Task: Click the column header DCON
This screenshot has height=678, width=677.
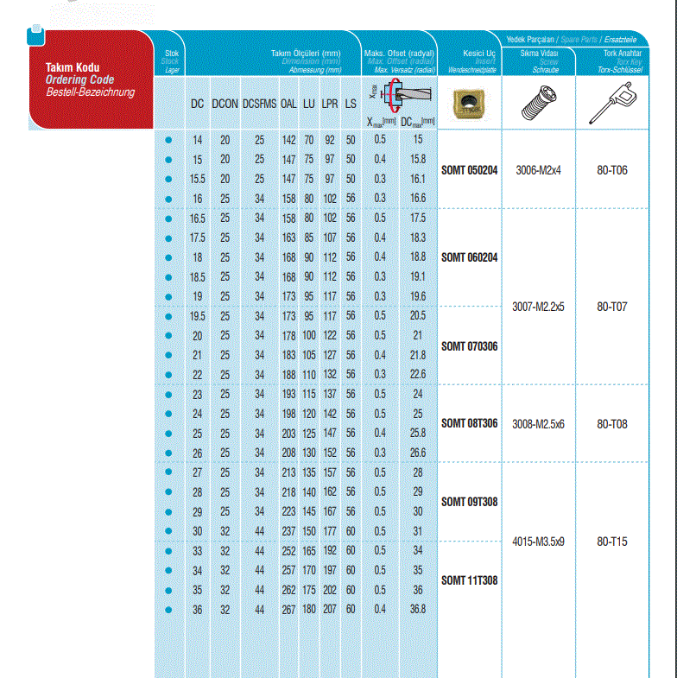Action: click(225, 104)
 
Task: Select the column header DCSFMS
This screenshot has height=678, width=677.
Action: click(259, 104)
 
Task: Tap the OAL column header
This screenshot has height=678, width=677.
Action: click(288, 104)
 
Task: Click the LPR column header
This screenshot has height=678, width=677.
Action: click(330, 104)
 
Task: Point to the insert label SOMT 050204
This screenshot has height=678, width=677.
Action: click(469, 169)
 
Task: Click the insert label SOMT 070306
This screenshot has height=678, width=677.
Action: click(469, 346)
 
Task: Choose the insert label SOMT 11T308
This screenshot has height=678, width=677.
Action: click(469, 580)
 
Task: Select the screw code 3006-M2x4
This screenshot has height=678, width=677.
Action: click(538, 169)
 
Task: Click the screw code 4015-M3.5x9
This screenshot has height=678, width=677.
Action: click(538, 542)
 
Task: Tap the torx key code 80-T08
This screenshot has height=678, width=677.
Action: click(612, 424)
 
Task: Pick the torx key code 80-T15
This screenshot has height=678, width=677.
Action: click(612, 542)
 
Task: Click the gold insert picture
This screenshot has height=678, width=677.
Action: click(468, 103)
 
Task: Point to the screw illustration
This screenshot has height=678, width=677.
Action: click(538, 104)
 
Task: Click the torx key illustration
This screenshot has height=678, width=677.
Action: click(611, 104)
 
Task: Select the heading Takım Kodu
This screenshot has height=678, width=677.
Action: click(77, 67)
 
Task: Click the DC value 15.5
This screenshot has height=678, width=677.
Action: click(198, 179)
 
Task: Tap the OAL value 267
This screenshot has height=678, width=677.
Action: click(288, 609)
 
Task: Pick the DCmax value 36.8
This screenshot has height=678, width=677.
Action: click(418, 609)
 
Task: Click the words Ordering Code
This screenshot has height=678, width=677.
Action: click(79, 79)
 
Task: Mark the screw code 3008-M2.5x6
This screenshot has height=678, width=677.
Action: click(538, 424)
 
